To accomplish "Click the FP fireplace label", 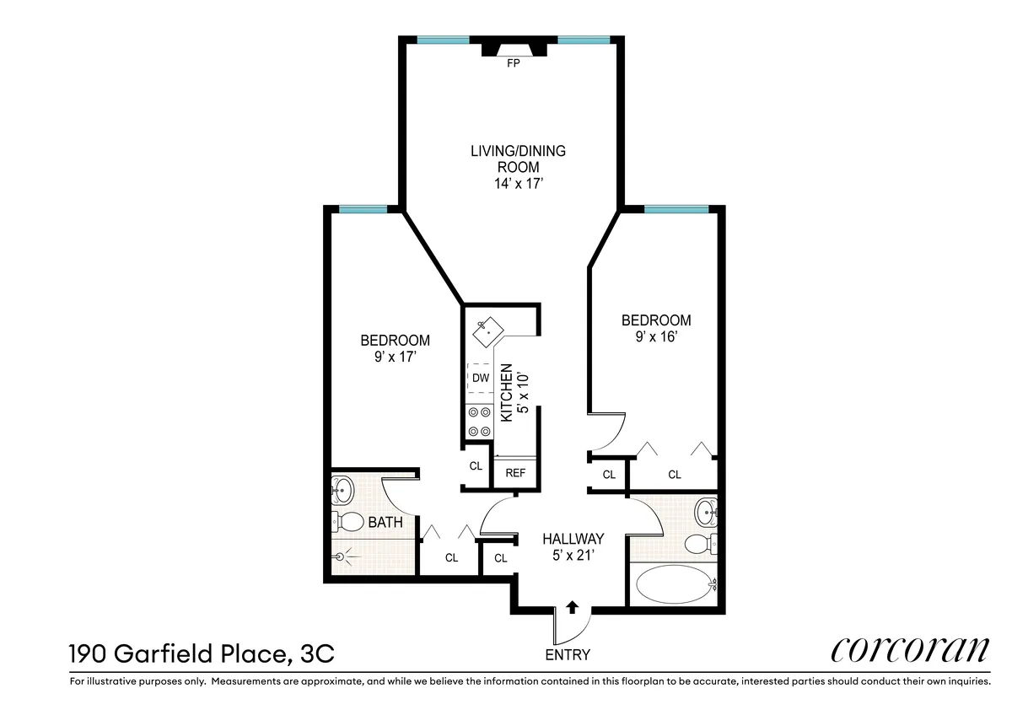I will point(511,63).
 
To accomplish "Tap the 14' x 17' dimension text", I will point(517,184).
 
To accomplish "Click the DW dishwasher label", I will point(480,378).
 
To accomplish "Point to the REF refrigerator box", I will point(515,473).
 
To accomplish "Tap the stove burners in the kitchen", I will point(479,422).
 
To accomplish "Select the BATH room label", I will point(385,523).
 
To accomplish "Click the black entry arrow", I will point(573,605).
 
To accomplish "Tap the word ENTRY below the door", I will point(568,655).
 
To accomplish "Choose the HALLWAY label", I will point(573,539).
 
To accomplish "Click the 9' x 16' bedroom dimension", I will point(655,337).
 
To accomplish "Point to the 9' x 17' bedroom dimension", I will point(395,357).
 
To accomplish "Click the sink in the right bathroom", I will point(707,509).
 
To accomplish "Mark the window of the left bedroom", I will point(363,209).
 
